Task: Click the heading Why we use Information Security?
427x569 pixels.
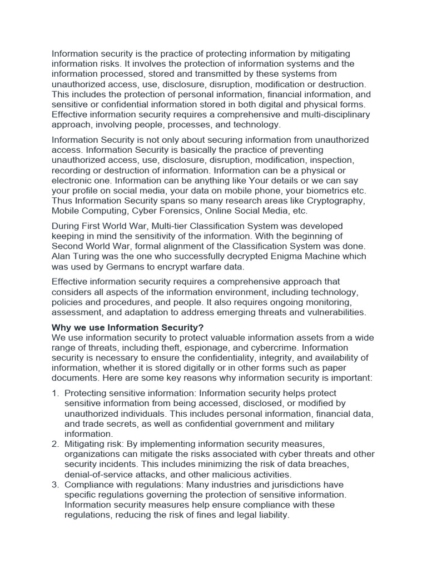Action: pos(128,328)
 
